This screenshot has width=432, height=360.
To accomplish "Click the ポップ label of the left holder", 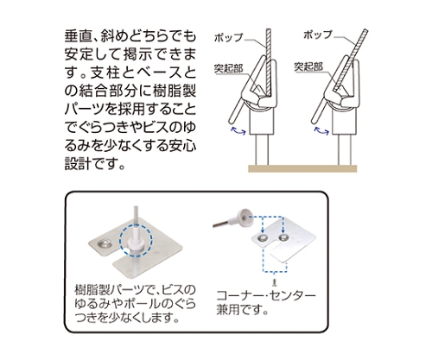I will (230, 39).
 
